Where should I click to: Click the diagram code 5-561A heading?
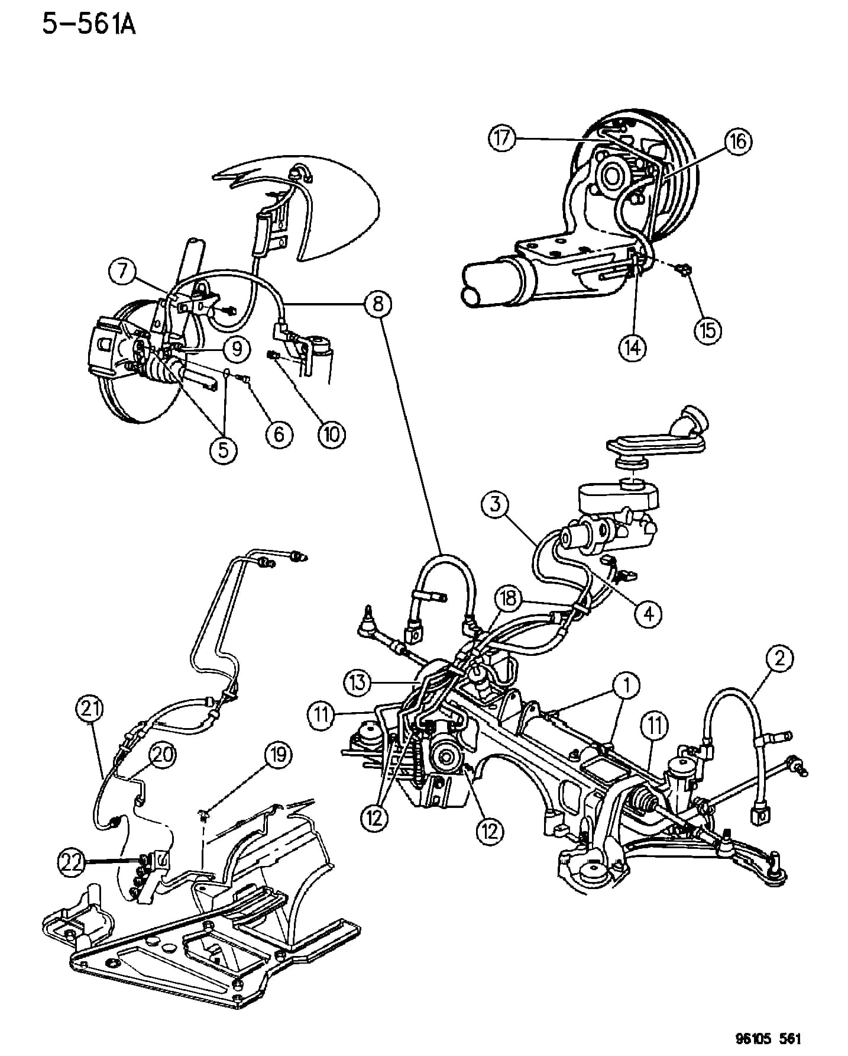click(89, 25)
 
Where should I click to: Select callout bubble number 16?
click(739, 141)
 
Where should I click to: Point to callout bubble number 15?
click(708, 330)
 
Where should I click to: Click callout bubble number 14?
click(633, 347)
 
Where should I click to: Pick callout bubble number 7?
click(122, 272)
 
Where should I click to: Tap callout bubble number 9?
click(237, 349)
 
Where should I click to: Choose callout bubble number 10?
click(331, 434)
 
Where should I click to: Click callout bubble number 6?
click(279, 434)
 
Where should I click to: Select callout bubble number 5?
click(224, 450)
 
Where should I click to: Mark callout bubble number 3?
click(495, 504)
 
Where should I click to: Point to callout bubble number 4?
click(649, 614)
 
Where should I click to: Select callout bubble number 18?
click(509, 598)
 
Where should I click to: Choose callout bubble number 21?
click(90, 708)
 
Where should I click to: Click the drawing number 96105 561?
click(763, 1038)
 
